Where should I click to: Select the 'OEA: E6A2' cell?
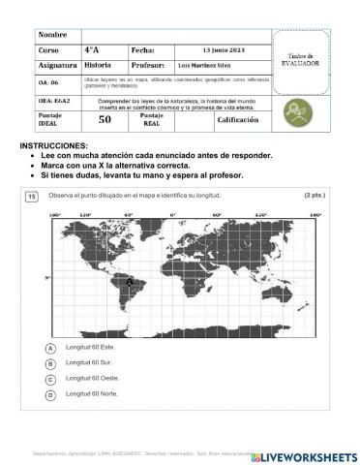[x=53, y=101]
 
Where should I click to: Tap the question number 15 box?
[x=32, y=196]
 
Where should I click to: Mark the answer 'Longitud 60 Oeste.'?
[x=93, y=379]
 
